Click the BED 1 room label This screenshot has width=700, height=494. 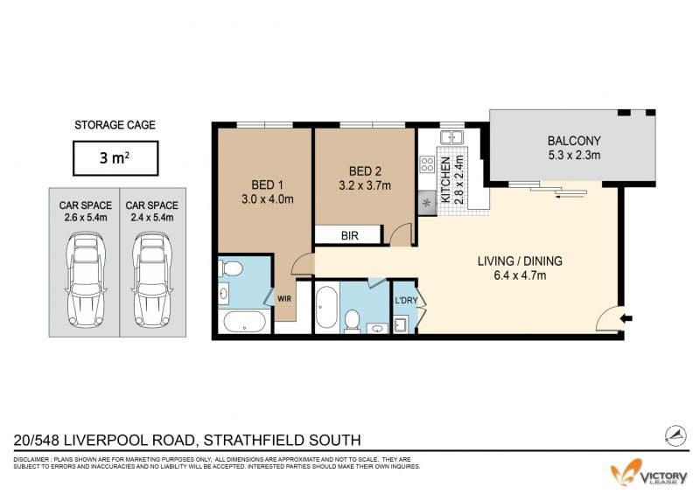click(x=268, y=184)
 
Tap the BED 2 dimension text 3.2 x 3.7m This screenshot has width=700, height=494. click(x=365, y=185)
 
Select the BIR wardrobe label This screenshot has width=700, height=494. click(x=349, y=235)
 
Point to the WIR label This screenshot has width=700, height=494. click(x=284, y=298)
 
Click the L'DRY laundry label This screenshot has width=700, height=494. click(x=406, y=300)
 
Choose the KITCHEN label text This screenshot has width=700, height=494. click(x=445, y=180)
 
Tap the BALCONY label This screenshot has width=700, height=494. click(x=574, y=141)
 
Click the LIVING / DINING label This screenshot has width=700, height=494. click(x=520, y=261)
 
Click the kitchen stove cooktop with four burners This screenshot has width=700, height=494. click(x=427, y=164)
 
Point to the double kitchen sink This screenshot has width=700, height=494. click(x=452, y=136)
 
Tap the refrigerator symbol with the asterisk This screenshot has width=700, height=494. click(x=427, y=203)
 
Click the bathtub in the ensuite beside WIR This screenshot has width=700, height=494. click(x=245, y=321)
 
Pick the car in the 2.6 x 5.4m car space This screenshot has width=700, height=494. click(x=86, y=279)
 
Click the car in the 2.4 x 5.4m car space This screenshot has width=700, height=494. click(x=152, y=279)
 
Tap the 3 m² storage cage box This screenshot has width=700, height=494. click(x=115, y=158)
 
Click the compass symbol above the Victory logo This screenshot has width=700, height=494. click(x=675, y=435)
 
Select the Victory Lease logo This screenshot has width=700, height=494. click(x=649, y=473)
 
